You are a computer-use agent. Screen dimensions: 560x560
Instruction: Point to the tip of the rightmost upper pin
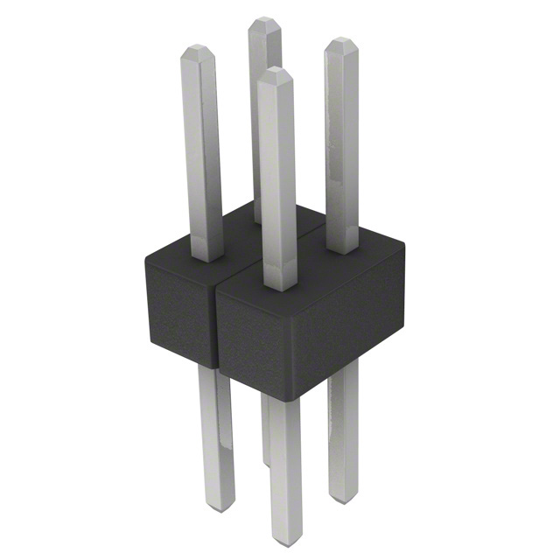point(339,41)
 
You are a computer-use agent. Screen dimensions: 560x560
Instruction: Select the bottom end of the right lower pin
point(343,495)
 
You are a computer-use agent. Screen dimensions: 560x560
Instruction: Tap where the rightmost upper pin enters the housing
point(341,249)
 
